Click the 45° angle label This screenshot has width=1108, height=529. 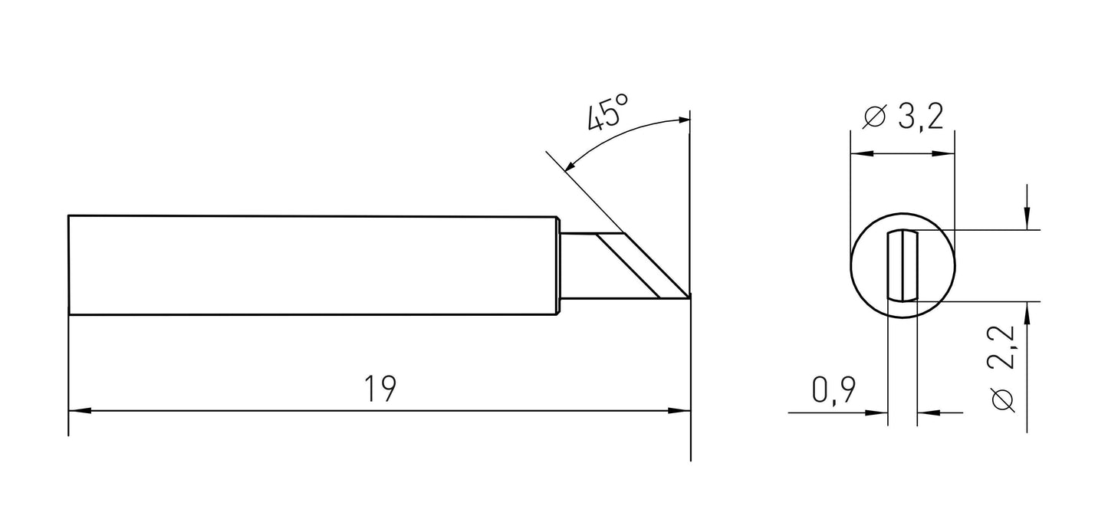[x=607, y=113]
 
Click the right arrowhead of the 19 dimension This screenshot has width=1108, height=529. [x=679, y=411]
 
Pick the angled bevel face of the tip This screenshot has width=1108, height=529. [x=626, y=265]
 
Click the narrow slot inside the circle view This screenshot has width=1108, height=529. [x=902, y=266]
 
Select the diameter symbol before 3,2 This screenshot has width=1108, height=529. [x=874, y=117]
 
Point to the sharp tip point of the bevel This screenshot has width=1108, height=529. [x=689, y=297]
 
